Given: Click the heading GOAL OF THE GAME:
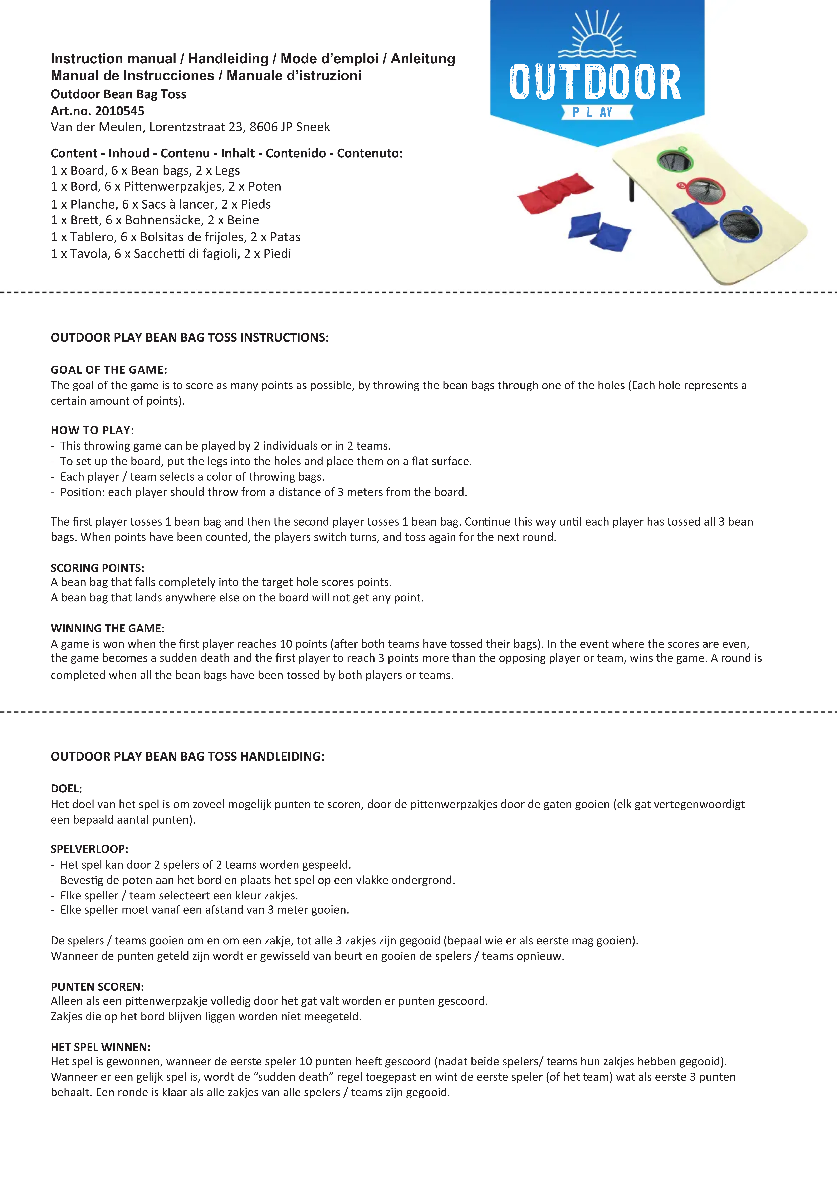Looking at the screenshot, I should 108,370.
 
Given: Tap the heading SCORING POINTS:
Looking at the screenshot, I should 97,568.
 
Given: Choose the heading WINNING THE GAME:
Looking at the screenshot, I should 107,628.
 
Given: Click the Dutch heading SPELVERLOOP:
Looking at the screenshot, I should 89,849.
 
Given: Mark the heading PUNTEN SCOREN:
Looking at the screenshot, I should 97,987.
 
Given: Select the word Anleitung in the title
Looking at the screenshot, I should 423,59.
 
